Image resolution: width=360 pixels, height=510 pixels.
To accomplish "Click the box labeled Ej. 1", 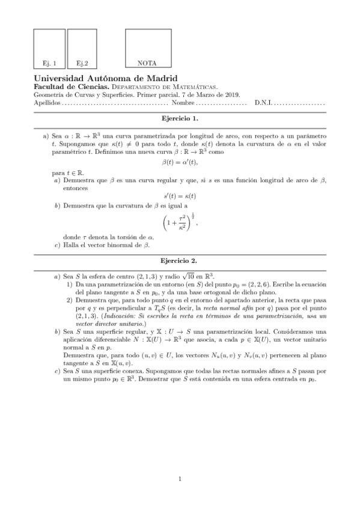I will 49,48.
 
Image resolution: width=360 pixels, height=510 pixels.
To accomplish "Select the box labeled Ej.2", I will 82,48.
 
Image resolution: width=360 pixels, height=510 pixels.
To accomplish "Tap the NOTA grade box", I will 147,48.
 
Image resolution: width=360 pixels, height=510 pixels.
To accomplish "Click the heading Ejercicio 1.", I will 180,119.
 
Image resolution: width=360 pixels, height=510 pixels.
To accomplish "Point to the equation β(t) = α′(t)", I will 180,162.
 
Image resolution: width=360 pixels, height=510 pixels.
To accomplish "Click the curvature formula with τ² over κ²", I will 180,224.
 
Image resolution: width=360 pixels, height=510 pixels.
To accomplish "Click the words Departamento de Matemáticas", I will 173,87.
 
